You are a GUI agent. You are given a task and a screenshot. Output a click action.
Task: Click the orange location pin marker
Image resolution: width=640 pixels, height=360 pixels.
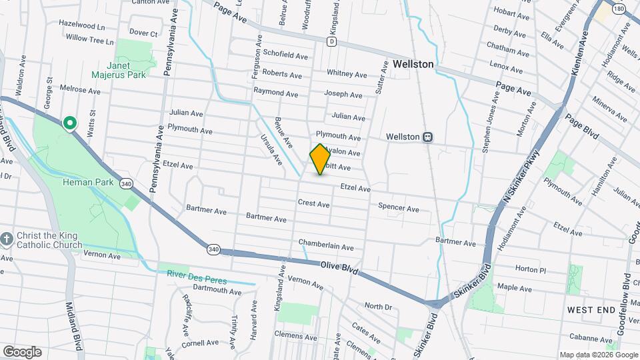(320, 159)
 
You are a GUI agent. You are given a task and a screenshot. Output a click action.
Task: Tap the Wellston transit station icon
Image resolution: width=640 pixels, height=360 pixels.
(428, 137)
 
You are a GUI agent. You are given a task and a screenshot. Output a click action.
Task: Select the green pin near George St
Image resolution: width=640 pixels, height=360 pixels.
(69, 123)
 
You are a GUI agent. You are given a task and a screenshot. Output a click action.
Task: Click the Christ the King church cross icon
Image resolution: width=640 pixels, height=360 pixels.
(7, 239)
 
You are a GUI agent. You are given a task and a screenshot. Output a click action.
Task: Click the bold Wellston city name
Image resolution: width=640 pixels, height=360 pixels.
(413, 65)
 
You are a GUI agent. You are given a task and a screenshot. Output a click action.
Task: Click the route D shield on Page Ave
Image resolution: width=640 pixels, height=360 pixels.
(331, 41)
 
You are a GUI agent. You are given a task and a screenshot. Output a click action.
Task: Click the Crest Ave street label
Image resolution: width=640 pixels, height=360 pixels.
(314, 203)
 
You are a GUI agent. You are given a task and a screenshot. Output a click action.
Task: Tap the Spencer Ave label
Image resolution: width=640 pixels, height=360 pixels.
(399, 208)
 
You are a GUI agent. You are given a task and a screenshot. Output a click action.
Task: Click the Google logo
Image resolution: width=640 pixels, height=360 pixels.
(22, 352)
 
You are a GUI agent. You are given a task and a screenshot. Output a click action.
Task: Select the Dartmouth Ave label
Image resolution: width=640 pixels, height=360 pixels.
(217, 291)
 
